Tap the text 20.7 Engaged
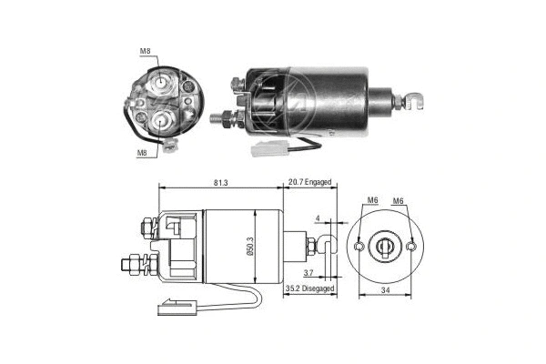coord(310,183)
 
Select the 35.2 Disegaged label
coord(309,288)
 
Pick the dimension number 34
coord(387,290)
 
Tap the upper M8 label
coord(145,52)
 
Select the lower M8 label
coord(143,154)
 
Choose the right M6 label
coord(399,201)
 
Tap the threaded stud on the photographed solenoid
coord(221,116)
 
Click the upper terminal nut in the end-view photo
coord(161,83)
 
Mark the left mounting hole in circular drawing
coord(360,246)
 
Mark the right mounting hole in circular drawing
coord(413,246)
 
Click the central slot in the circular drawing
coord(387,246)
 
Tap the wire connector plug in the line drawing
coord(170,308)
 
